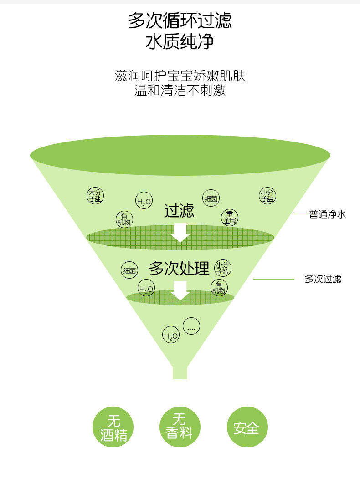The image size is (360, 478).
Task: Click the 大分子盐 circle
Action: [x=95, y=195]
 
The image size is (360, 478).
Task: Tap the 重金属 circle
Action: [x=230, y=217]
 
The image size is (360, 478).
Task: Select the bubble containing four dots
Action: [x=191, y=325]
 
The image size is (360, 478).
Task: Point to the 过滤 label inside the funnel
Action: [x=179, y=211]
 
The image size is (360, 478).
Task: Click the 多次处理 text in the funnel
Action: [x=179, y=269]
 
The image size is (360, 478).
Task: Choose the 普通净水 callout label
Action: [x=327, y=214]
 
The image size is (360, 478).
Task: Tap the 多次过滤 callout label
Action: [x=323, y=279]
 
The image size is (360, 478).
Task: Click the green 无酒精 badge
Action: [x=113, y=427]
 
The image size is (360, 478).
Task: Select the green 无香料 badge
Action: [x=180, y=427]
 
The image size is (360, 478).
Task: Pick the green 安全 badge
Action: [x=247, y=427]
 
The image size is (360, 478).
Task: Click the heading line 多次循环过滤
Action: [x=180, y=20]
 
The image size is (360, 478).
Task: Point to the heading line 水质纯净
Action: [x=180, y=42]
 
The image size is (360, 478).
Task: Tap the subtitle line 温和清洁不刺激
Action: [x=180, y=90]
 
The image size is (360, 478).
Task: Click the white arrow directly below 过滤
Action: [x=180, y=232]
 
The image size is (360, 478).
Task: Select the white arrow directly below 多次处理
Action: [x=181, y=290]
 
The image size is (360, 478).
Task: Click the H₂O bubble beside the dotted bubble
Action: [x=171, y=336]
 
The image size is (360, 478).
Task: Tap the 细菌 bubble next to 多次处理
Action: [x=129, y=270]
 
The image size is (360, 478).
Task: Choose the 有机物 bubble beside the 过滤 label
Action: [x=124, y=219]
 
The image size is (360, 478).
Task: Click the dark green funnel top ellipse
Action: [x=180, y=155]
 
